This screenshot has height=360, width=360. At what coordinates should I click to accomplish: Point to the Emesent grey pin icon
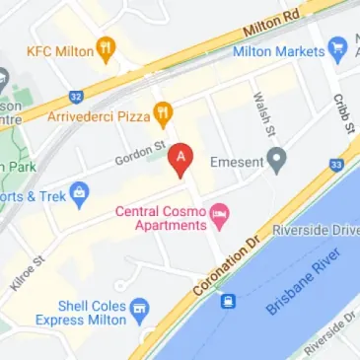tap(278, 156)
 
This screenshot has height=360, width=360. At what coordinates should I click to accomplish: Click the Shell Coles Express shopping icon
tap(140, 312)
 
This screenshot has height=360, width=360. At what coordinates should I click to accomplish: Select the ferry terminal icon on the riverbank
tap(228, 300)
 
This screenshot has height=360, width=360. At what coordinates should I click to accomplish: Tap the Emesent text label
tap(235, 156)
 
